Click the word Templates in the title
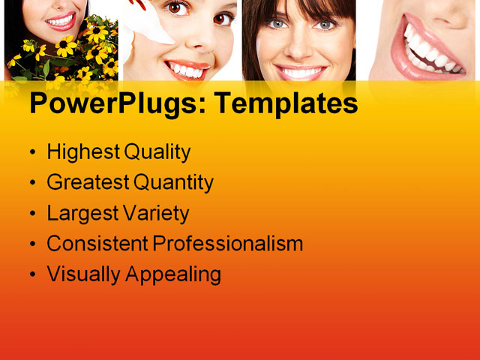click(x=286, y=104)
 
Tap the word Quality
click(x=157, y=152)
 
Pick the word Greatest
click(x=88, y=182)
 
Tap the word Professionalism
click(x=228, y=244)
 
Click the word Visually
click(x=83, y=274)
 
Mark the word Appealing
click(x=174, y=274)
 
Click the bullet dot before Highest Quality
click(x=31, y=153)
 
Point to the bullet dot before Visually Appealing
click(x=31, y=275)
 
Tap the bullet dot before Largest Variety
click(x=31, y=214)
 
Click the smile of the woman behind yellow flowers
click(x=60, y=21)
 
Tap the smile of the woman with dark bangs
click(x=298, y=72)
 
